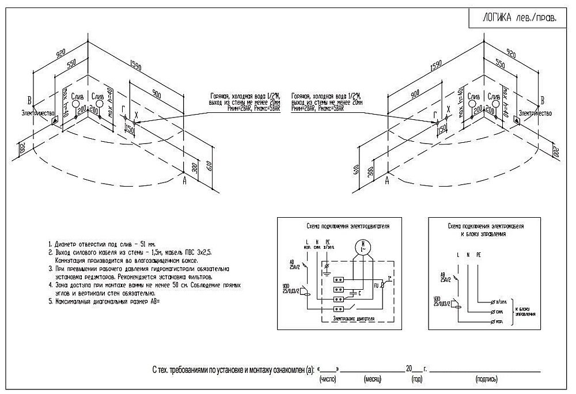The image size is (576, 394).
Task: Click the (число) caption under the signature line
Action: [327, 380]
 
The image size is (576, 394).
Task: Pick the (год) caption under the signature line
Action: [415, 380]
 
